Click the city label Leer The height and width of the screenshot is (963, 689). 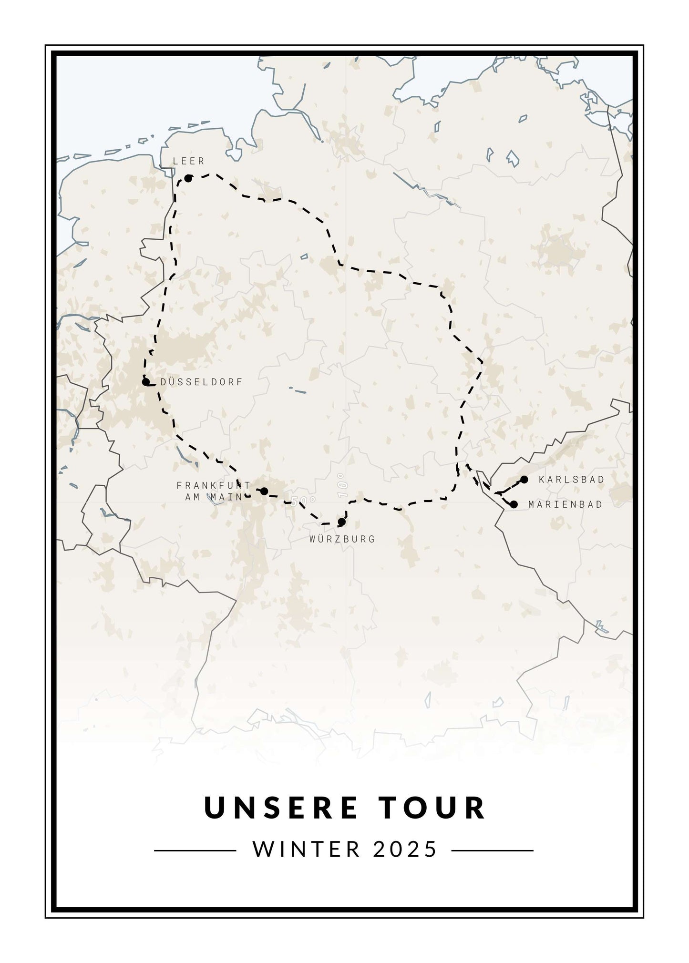click(x=189, y=162)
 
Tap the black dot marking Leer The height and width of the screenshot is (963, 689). click(x=188, y=178)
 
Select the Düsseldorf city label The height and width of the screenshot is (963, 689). click(x=202, y=382)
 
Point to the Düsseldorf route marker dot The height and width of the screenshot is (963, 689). click(x=146, y=382)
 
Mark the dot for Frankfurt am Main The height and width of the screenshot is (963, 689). click(x=264, y=491)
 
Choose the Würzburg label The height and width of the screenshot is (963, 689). click(x=342, y=539)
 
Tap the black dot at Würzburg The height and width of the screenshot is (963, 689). click(x=341, y=522)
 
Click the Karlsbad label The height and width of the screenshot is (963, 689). click(x=571, y=480)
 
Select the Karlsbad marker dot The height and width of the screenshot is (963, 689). click(x=524, y=479)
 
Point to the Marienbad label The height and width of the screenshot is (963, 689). click(x=566, y=504)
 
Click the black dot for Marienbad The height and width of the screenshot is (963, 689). click(x=514, y=504)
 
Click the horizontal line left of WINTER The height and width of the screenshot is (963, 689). click(x=195, y=850)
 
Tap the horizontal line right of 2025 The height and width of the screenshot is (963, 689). click(x=492, y=850)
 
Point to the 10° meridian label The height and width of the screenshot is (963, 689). click(x=341, y=486)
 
